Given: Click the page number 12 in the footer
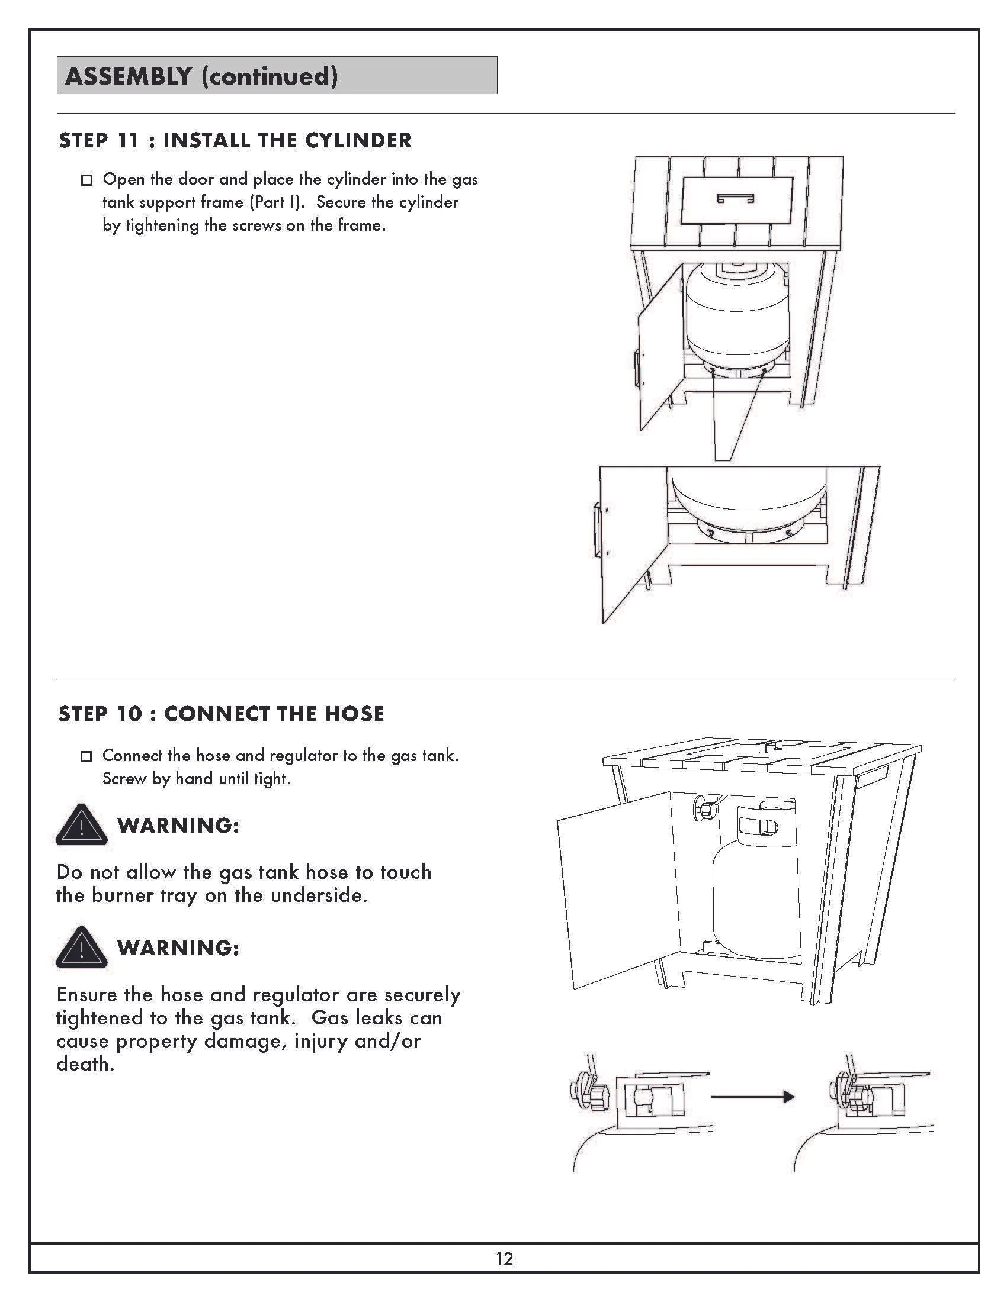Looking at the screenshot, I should [504, 1258].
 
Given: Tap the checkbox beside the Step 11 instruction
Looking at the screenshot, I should [86, 180].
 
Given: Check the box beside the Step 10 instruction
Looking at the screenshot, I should [86, 756].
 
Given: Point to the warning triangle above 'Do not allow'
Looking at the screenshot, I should [81, 826].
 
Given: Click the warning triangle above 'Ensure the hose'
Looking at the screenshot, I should [81, 948].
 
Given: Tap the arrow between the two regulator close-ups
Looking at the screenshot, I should [753, 1096].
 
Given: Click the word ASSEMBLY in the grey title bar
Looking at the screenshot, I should [129, 76].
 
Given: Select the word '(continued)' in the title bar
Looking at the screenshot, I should [269, 76].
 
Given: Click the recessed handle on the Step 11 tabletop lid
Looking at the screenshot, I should [735, 198].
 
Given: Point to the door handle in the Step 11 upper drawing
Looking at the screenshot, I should [637, 368].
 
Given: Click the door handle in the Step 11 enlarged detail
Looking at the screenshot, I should [597, 531].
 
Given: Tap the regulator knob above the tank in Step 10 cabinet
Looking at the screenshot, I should [703, 808].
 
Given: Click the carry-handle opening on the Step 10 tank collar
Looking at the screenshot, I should [758, 825].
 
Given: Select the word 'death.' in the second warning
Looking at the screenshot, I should [85, 1064].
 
